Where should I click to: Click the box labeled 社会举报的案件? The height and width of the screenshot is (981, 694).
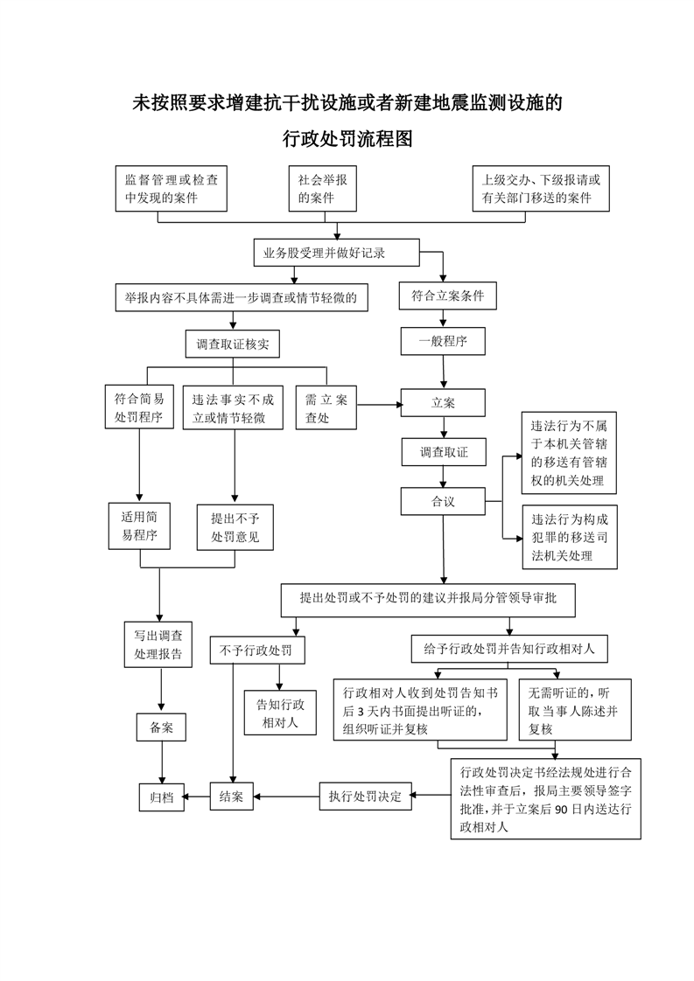323,188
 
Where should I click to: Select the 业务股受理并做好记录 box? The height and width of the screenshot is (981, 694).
336,254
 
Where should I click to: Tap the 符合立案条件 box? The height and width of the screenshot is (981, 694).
448,296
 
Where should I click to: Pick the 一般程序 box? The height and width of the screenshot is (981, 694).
443,342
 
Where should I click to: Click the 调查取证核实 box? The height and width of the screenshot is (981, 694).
233,344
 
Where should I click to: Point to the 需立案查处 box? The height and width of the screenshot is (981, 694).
326,407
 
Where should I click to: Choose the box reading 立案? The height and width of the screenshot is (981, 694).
443,403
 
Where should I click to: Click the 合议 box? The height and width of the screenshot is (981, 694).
444,501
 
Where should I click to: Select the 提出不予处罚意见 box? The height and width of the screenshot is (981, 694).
235,527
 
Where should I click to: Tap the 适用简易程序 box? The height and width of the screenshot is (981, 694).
139,526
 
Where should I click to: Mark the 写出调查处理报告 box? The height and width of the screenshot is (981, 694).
158,644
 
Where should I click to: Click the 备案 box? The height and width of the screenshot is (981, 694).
162,727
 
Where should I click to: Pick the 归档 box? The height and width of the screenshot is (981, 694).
162,797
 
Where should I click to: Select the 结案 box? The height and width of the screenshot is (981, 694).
232,797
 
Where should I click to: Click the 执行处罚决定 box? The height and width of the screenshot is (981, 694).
366,797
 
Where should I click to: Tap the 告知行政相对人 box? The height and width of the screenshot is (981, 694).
280,713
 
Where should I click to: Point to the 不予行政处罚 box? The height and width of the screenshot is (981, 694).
257,650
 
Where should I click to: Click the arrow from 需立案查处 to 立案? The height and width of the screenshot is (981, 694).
380,405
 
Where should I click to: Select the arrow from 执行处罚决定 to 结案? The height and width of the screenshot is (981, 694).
286,797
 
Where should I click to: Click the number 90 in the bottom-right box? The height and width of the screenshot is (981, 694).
561,809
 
